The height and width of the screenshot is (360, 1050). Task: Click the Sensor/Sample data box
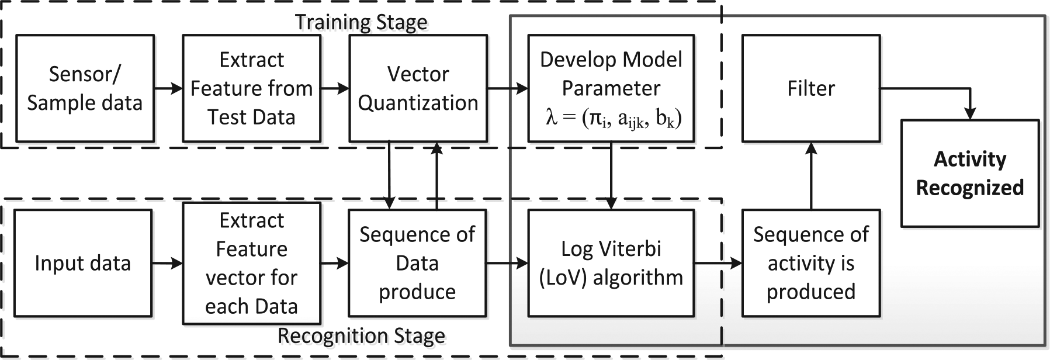click(85, 88)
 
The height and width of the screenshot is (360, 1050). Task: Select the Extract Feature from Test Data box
click(252, 88)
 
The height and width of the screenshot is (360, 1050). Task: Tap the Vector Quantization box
click(418, 88)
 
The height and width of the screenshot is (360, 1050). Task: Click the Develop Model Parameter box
click(611, 88)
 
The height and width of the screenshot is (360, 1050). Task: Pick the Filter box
click(811, 88)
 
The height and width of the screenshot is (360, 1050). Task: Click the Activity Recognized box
click(970, 173)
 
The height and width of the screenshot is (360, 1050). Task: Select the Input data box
click(83, 263)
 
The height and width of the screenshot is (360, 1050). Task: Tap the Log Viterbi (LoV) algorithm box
click(611, 263)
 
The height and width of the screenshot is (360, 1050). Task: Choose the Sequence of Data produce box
click(417, 263)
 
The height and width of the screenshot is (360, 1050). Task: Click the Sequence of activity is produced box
click(811, 263)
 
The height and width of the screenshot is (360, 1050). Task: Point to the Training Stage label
click(361, 22)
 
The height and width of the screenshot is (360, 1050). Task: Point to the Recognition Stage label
click(361, 336)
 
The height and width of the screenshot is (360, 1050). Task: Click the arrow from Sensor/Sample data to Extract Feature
click(168, 89)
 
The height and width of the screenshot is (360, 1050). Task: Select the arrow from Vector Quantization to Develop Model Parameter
click(508, 89)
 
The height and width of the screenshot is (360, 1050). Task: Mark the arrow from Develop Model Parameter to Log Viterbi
click(611, 175)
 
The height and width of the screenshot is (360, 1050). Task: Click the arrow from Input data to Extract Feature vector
click(167, 264)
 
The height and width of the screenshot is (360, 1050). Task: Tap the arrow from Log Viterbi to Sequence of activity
click(719, 264)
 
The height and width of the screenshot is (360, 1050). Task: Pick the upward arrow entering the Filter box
click(811, 175)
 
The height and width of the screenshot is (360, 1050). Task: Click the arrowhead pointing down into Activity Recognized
click(970, 113)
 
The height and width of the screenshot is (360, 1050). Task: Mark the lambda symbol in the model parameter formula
click(552, 118)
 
